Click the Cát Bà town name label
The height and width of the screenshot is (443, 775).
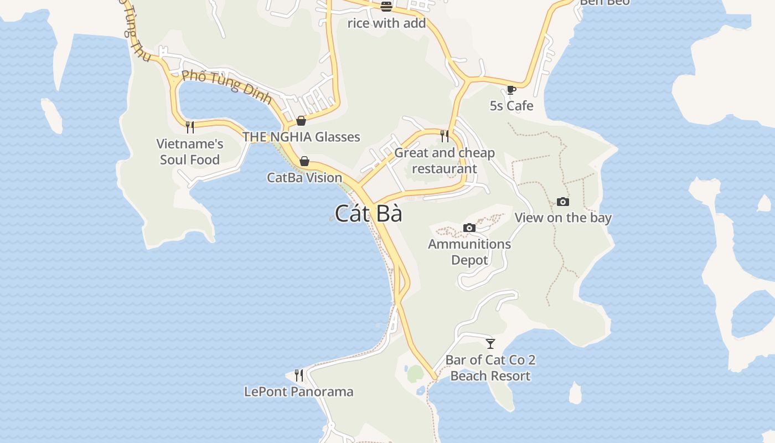point(368,214)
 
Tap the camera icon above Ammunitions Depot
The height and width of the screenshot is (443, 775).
point(469,228)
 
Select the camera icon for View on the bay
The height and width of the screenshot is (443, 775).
point(563,202)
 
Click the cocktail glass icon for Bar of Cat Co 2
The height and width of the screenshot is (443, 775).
point(490,344)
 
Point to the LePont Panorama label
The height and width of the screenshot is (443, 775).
point(298,392)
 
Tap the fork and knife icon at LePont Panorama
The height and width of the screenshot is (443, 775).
point(299,375)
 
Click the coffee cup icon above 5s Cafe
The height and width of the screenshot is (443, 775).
point(512,90)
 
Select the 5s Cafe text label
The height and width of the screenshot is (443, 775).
point(512,106)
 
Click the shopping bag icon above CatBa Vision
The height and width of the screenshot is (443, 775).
point(304,161)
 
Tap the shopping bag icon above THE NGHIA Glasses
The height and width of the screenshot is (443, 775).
point(301,121)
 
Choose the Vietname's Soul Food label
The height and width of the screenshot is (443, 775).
point(190,152)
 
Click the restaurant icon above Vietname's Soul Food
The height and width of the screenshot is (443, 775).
point(190,127)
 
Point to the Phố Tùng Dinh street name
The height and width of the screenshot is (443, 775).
point(227,86)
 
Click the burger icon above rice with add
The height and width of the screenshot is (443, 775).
point(386,7)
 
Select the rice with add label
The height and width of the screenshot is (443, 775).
point(386,23)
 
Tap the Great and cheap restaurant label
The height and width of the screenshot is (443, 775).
point(445,161)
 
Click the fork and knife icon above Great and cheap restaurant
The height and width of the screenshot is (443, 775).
point(445,136)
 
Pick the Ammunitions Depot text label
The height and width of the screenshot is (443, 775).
point(469,252)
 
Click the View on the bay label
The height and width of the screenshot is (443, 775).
point(563,218)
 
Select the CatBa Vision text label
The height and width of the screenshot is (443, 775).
point(304,178)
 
